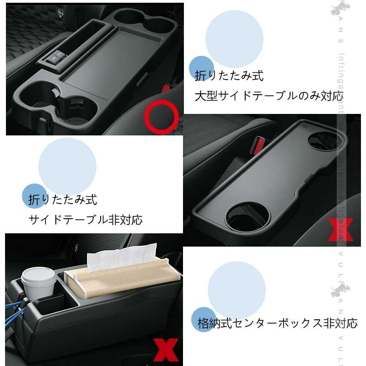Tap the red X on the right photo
341,229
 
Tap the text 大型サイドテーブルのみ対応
269,96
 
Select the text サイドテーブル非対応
86,220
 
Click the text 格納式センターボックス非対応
277,323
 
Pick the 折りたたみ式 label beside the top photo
229,75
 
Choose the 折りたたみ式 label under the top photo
63,199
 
